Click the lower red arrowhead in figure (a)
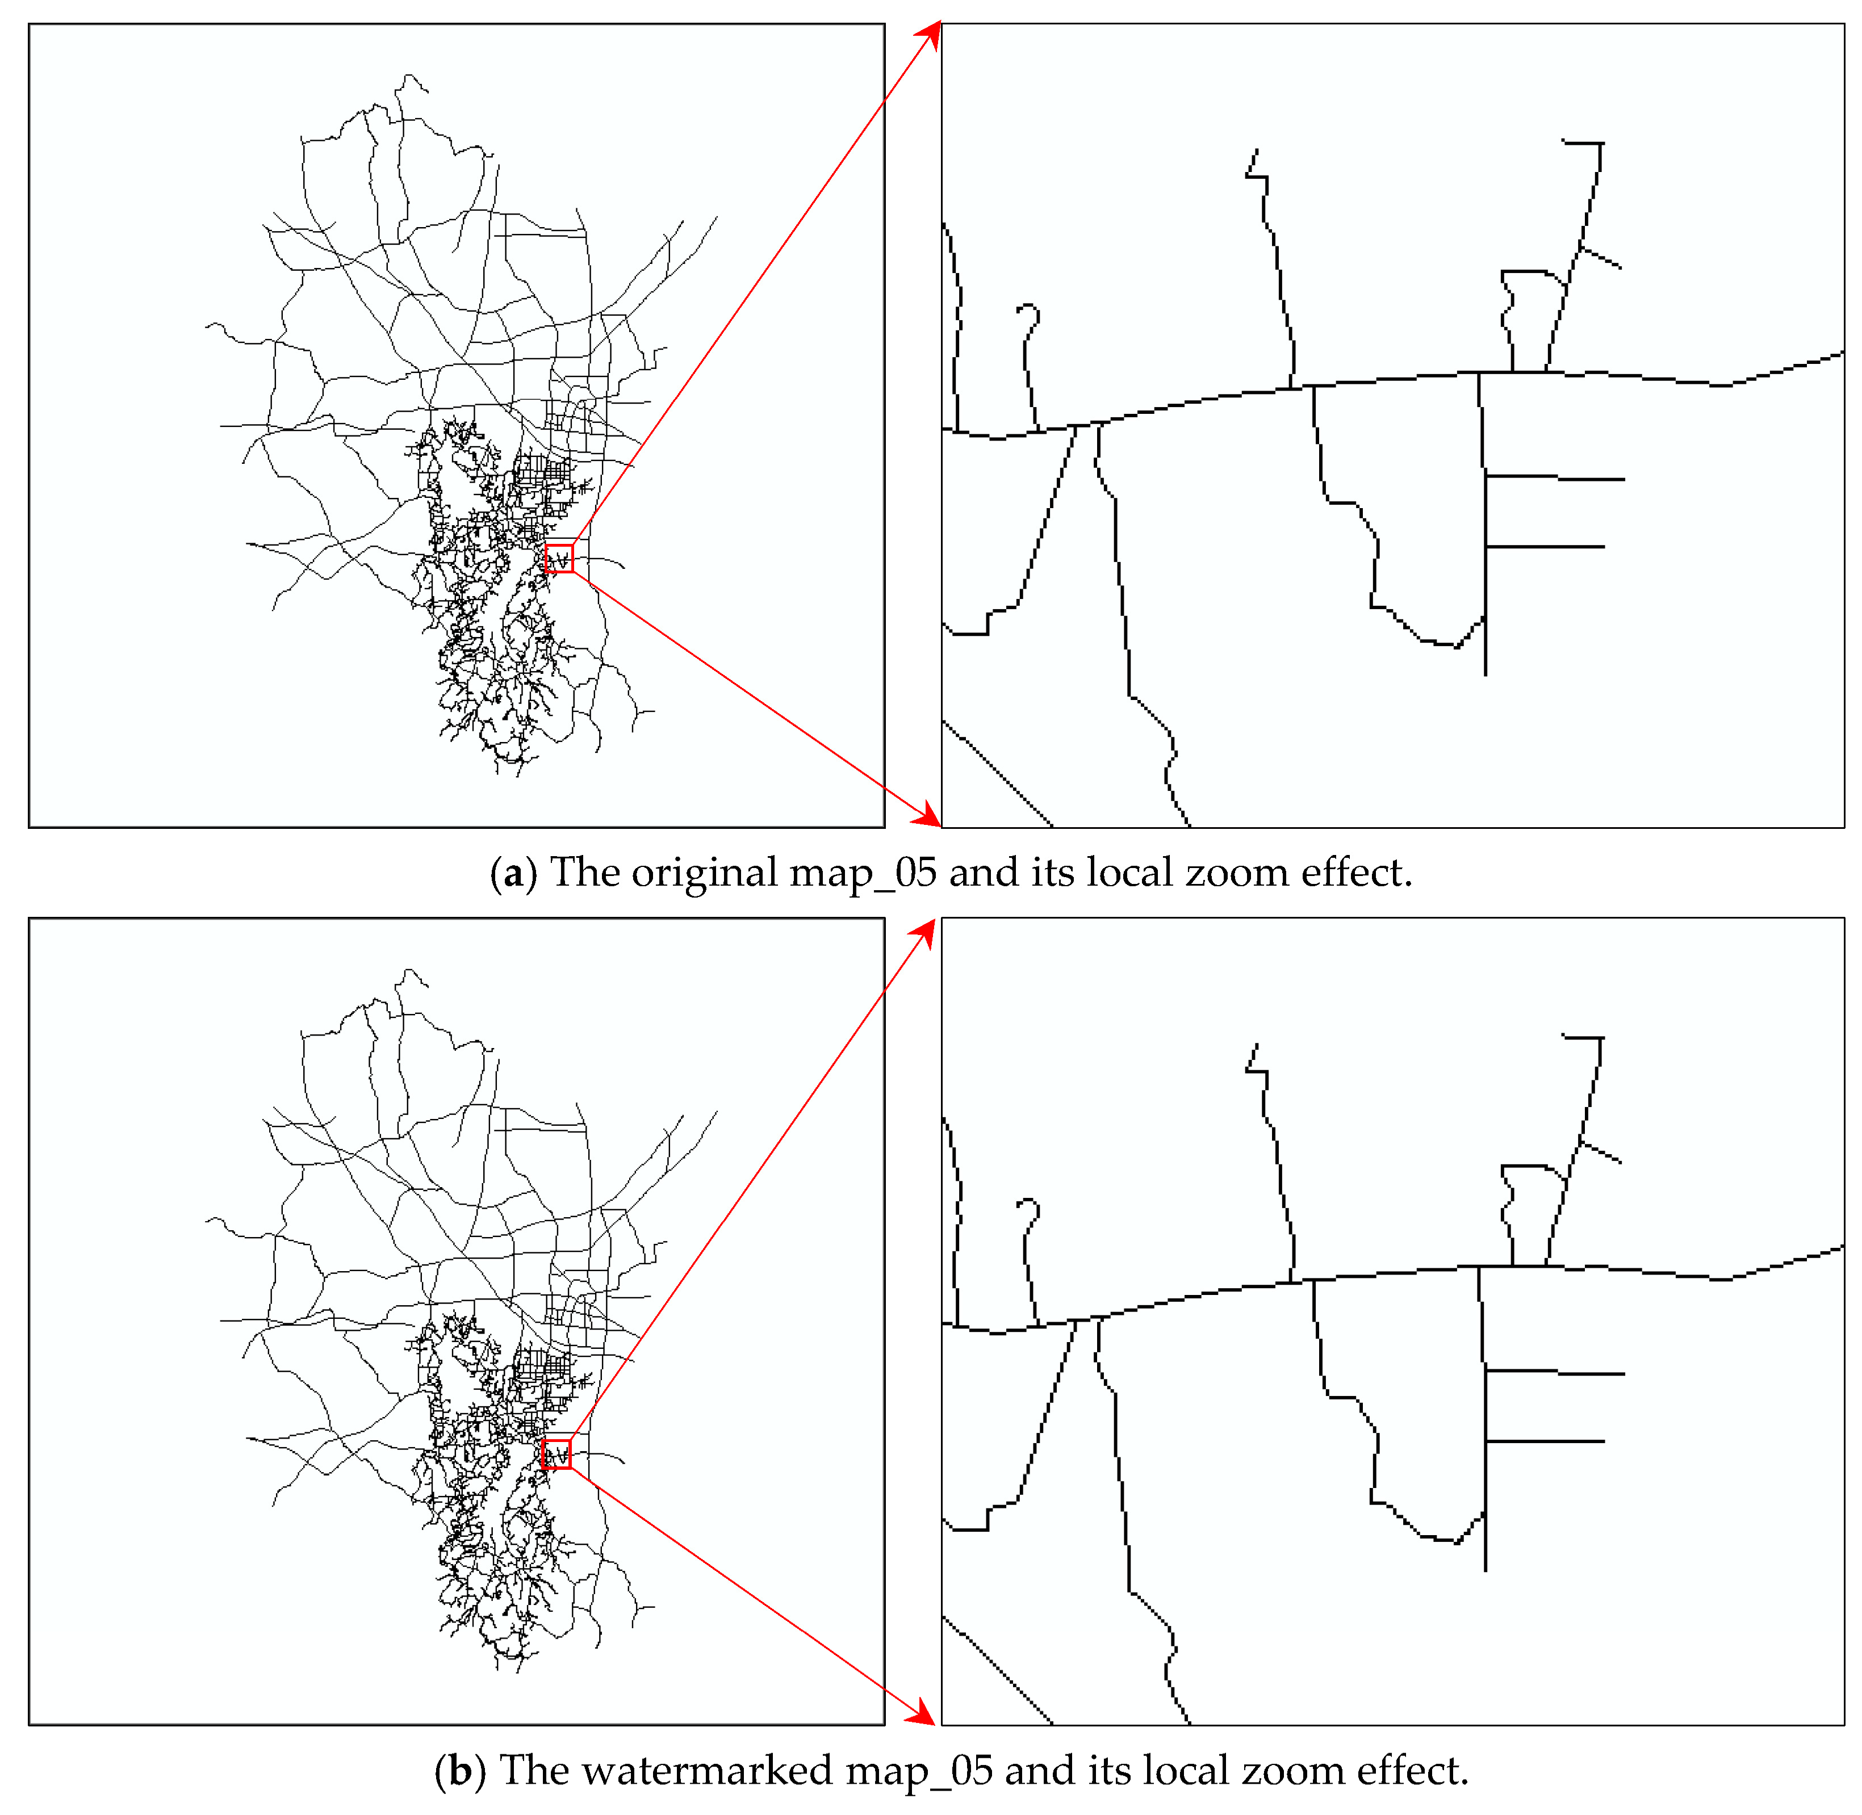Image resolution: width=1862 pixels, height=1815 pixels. [926, 815]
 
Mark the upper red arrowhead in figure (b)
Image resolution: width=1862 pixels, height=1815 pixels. [922, 934]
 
